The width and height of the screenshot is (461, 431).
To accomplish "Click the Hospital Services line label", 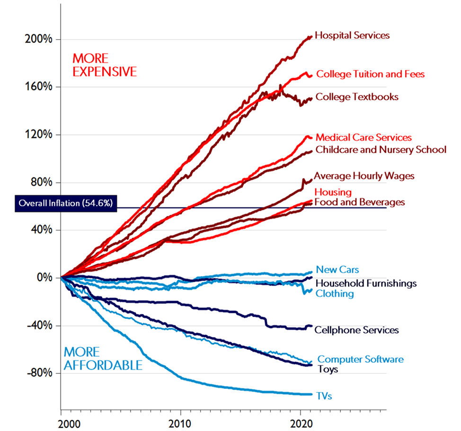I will click(352, 35).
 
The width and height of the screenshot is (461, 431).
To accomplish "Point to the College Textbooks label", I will click(356, 97).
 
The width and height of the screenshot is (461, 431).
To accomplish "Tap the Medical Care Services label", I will click(363, 138).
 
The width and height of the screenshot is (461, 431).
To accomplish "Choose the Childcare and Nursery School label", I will click(381, 150).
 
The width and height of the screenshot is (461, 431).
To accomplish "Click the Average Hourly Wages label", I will click(364, 176).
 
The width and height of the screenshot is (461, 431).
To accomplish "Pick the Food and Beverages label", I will click(360, 202).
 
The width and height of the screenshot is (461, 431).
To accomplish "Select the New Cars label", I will click(337, 270).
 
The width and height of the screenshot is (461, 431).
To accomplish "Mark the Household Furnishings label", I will click(366, 283).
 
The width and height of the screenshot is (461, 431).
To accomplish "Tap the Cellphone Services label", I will click(356, 330).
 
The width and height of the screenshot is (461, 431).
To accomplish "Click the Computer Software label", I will click(360, 359).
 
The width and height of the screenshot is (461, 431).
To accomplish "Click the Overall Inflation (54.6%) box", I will click(65, 203).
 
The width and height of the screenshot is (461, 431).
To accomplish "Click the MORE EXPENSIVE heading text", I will click(104, 65).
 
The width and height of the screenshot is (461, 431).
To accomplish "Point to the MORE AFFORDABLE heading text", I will click(103, 359).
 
